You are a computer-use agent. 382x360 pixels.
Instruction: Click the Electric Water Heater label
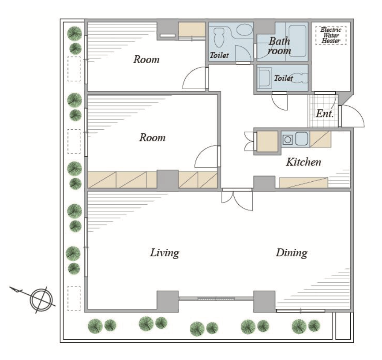point(330,35)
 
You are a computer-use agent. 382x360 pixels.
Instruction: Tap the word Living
point(165,253)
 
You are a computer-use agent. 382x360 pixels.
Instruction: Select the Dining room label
point(292,253)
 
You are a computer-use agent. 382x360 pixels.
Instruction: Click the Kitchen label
point(303,162)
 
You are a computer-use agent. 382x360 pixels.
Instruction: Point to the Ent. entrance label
point(325,114)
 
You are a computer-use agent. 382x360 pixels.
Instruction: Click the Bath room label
point(279,46)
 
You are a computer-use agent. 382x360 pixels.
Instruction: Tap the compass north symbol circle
point(41,300)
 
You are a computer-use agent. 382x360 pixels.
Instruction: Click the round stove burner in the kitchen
point(288,140)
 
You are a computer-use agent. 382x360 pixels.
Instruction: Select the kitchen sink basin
point(302,139)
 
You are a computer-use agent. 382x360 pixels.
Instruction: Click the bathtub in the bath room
point(298,41)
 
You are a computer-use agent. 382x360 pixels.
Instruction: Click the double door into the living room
point(237,200)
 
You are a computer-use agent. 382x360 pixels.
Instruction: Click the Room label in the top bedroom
point(146,60)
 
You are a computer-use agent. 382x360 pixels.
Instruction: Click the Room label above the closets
point(152,138)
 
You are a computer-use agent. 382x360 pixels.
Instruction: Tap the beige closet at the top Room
point(191,30)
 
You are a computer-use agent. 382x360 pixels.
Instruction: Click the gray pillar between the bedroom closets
point(168,179)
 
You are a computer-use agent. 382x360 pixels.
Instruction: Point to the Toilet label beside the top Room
point(219,55)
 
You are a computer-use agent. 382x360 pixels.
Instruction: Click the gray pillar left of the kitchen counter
point(264,183)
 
